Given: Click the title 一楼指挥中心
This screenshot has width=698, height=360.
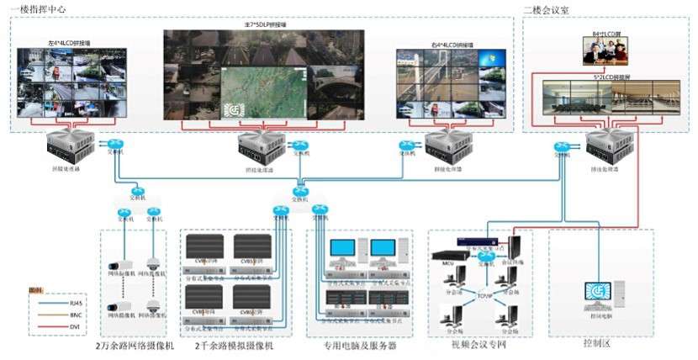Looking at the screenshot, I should coord(37,8).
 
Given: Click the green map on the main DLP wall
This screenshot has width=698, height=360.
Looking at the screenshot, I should coord(262,95).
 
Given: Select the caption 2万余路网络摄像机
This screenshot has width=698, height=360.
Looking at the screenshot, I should coord(135,346).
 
